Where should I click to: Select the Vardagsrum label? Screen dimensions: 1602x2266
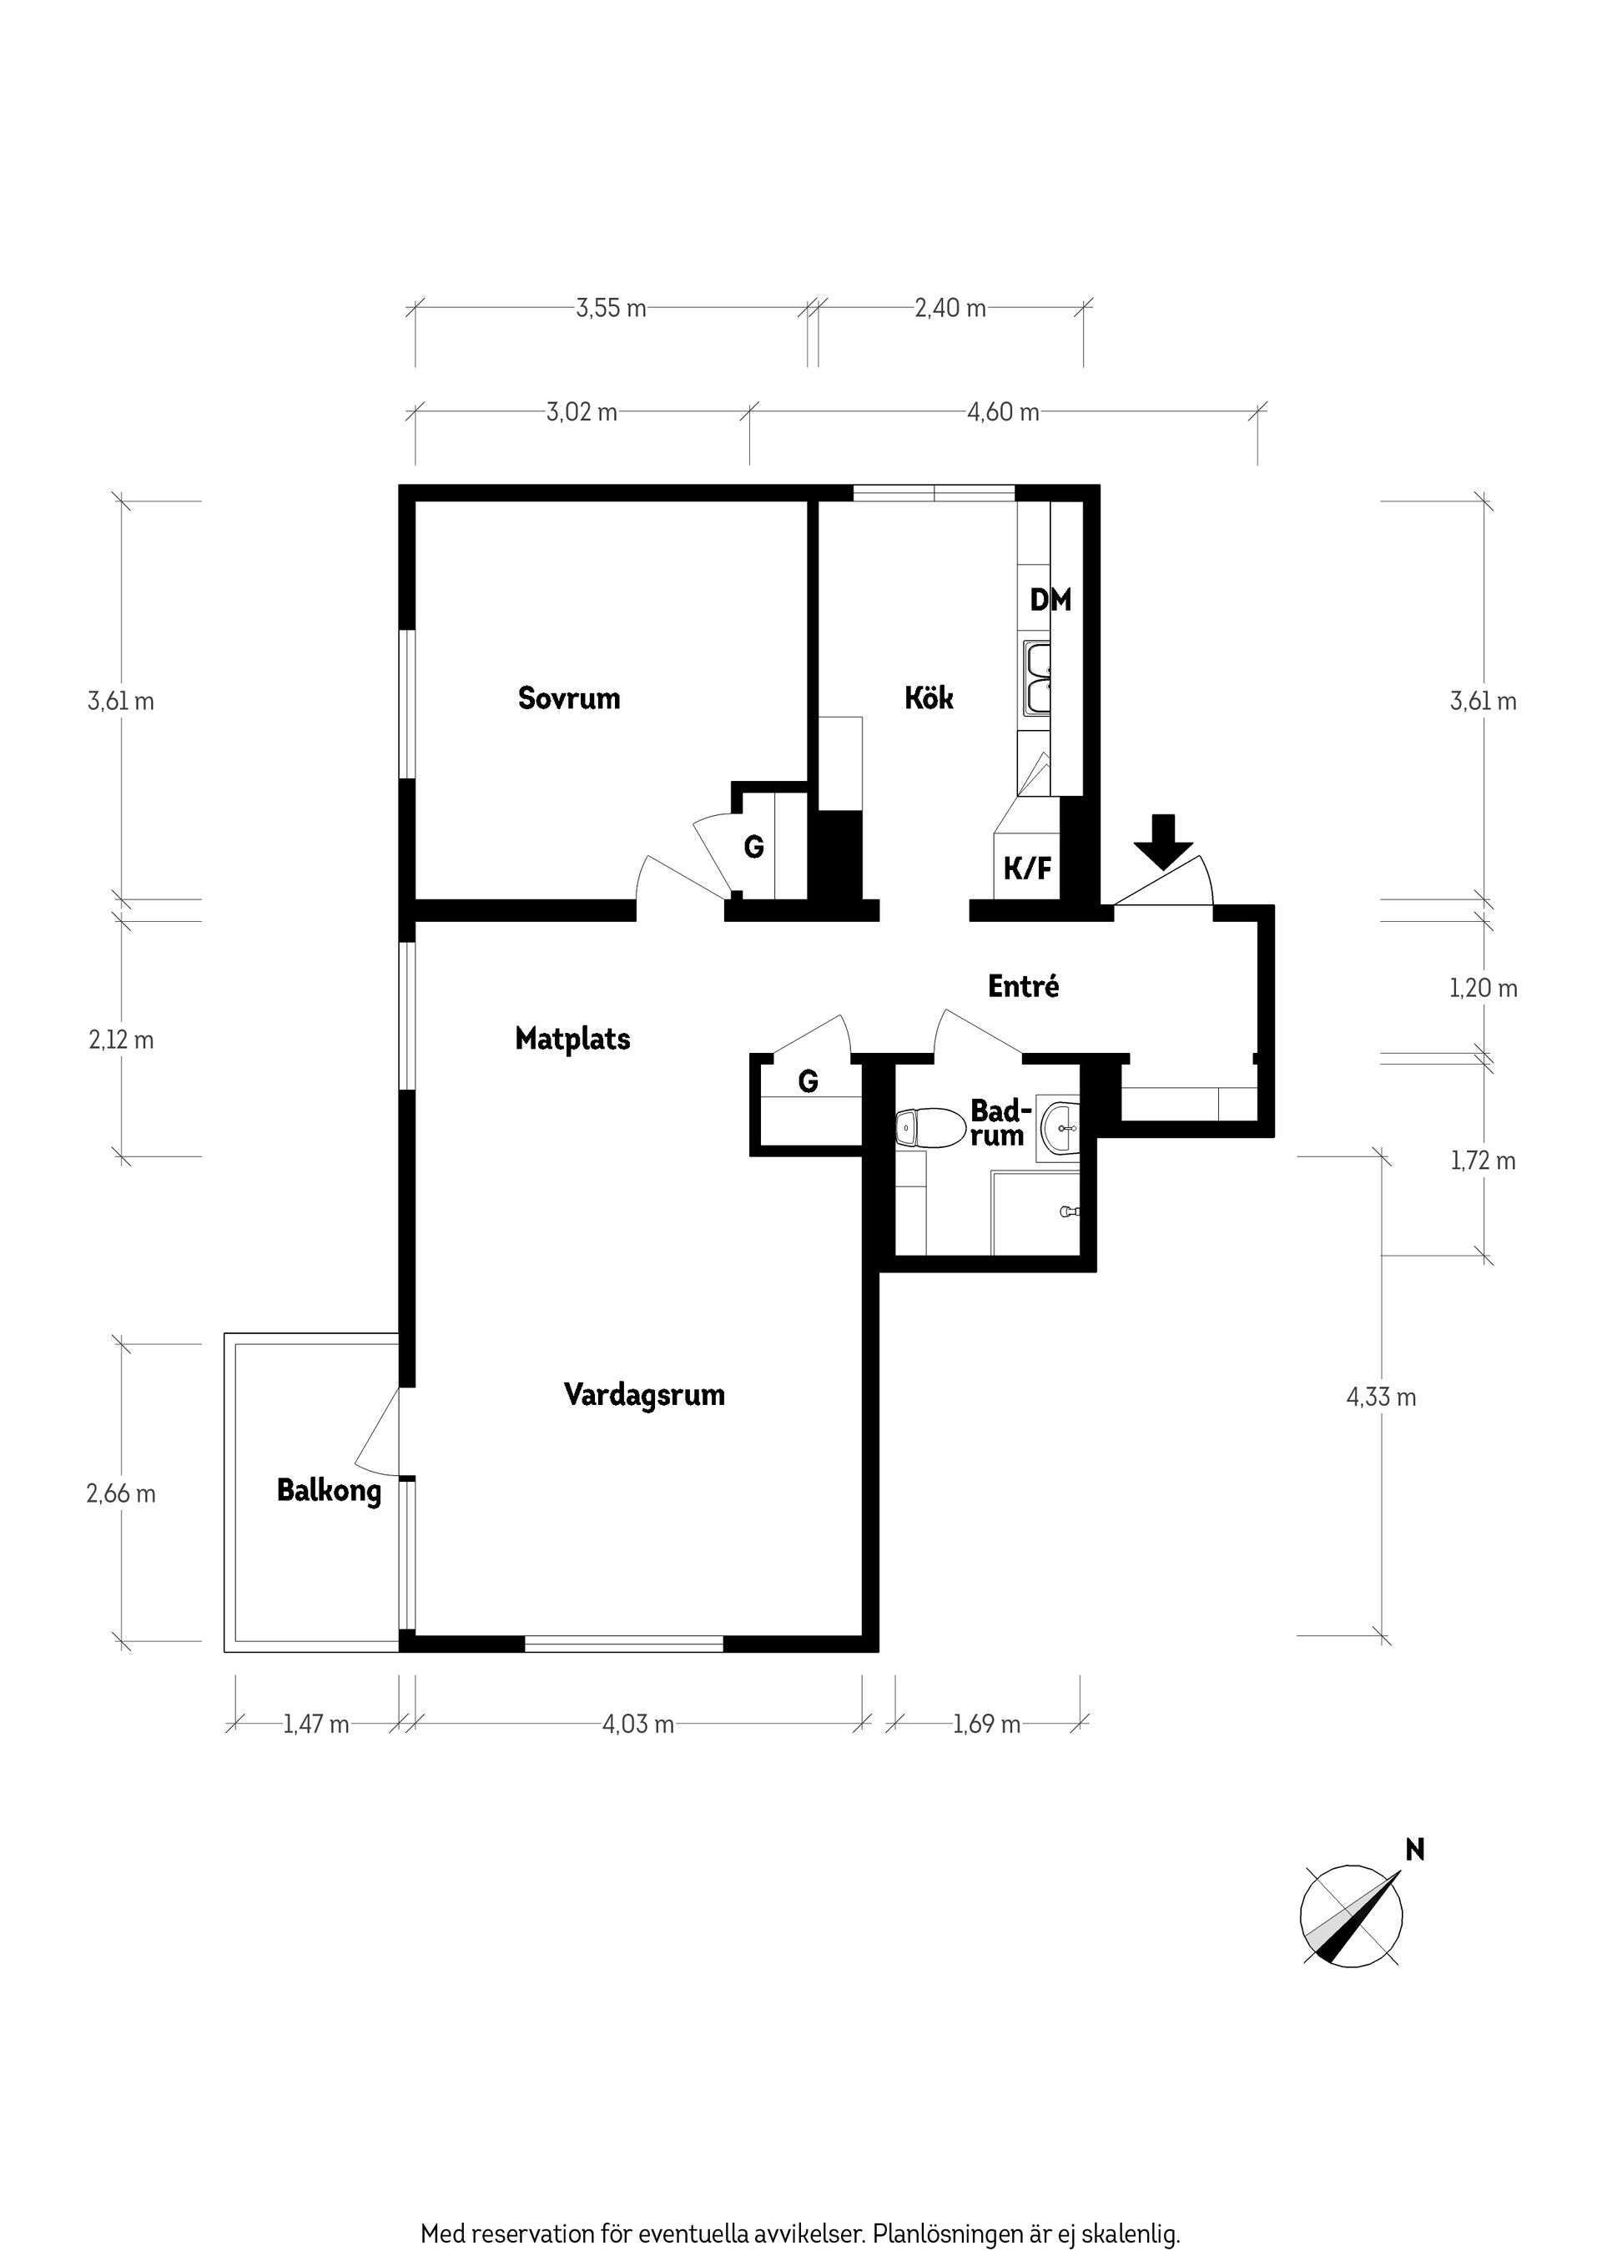644,1394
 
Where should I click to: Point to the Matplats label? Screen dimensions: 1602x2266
572,1038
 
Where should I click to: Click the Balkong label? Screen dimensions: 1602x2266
329,1490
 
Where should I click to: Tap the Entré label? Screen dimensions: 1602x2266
1024,986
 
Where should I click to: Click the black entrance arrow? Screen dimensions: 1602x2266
1164,841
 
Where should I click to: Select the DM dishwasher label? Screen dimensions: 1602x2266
1050,599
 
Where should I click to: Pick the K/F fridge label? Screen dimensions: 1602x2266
1027,869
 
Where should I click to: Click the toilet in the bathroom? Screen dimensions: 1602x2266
929,1128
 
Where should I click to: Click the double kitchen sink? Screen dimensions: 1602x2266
1037,678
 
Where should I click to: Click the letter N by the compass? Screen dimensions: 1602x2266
1414,1849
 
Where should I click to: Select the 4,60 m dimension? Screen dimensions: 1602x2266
1003,411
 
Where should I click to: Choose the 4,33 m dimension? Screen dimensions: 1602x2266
1381,1397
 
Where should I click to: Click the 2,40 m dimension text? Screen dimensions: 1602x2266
950,308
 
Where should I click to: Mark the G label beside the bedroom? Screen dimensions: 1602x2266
753,847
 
